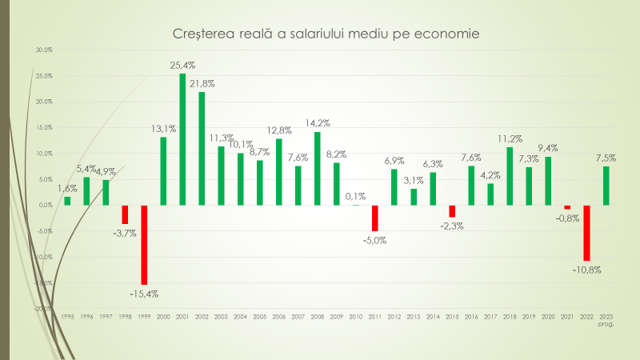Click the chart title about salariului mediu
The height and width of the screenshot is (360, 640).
[326, 34]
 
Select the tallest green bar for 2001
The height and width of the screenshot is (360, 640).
[182, 139]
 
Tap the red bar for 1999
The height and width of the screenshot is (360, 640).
[144, 245]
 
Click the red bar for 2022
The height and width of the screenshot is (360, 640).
[586, 233]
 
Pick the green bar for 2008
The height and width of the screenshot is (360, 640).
[318, 168]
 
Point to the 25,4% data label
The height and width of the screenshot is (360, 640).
[182, 65]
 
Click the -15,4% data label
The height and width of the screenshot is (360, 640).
[144, 294]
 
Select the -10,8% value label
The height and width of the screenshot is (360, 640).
[586, 270]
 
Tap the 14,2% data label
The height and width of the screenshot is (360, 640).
[318, 123]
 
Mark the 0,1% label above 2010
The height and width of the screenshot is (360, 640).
[356, 196]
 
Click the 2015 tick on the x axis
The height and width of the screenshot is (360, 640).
[452, 317]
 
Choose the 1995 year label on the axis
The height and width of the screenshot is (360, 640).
[67, 317]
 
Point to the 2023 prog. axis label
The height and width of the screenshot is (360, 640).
[606, 320]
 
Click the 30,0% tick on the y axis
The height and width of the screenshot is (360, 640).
[43, 50]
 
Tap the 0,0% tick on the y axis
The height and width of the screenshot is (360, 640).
[45, 205]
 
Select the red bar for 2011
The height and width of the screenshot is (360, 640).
[374, 218]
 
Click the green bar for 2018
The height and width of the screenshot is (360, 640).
[510, 176]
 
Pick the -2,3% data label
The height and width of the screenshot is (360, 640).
[452, 226]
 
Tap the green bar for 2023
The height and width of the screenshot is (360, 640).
[606, 186]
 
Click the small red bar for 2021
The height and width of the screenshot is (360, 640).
[567, 207]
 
